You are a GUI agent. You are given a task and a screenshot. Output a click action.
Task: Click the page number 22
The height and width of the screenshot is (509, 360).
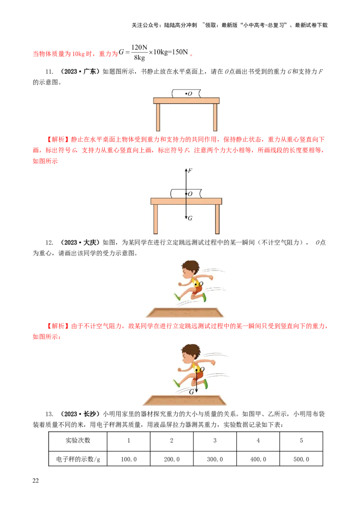click(36, 481)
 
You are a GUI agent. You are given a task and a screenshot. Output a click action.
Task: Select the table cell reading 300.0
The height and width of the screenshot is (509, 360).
click(215, 459)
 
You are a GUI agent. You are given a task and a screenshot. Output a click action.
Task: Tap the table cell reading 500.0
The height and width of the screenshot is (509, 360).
click(301, 459)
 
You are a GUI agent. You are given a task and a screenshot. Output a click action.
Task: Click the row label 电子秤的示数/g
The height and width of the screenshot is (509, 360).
click(78, 459)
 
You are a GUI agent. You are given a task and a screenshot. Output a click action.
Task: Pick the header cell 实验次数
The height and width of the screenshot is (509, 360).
click(78, 441)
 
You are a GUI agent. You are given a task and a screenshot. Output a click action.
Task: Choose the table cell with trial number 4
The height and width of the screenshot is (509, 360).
click(258, 441)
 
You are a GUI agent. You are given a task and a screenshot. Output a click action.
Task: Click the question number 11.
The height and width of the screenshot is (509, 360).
click(49, 72)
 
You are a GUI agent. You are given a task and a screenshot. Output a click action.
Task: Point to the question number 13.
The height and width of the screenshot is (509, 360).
click(49, 414)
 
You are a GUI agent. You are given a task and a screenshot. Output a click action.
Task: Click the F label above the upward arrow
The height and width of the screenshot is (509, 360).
click(190, 170)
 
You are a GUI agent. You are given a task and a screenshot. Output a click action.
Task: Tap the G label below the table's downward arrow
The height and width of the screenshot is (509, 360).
click(190, 218)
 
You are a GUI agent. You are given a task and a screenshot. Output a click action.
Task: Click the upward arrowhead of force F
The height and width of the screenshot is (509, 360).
click(186, 170)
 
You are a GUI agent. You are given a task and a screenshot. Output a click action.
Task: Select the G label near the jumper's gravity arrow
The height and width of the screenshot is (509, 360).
click(192, 392)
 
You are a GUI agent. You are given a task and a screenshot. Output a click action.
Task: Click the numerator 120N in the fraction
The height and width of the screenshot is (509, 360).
click(139, 47)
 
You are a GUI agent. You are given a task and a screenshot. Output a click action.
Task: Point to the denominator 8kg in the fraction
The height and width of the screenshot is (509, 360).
click(139, 58)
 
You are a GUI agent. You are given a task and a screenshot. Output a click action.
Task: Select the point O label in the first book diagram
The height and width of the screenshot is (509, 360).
click(190, 94)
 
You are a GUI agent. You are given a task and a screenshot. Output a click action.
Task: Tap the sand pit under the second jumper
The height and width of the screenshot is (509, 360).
click(185, 400)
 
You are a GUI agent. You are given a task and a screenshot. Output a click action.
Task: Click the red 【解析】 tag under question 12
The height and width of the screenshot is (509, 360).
click(58, 326)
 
